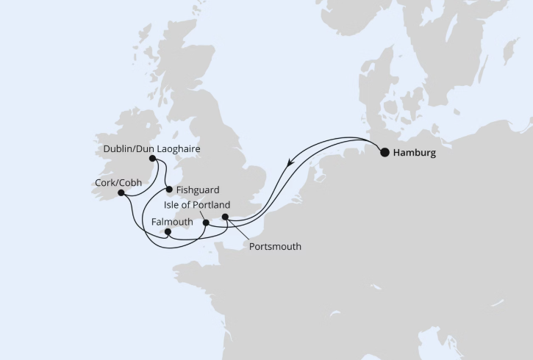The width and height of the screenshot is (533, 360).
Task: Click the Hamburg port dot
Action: point(384,153)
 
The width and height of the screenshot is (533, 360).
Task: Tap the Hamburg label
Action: point(415,154)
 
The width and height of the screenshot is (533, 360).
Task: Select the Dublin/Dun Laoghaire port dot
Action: point(152,158)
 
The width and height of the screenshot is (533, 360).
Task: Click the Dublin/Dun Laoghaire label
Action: point(151,149)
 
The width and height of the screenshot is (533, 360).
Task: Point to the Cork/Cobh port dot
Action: point(121,192)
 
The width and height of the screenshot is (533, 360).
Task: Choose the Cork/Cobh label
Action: point(118,183)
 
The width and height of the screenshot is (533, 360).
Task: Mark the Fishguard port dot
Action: point(169,189)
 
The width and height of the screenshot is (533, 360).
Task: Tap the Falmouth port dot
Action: point(168,231)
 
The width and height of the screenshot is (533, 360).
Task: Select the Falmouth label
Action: point(171,222)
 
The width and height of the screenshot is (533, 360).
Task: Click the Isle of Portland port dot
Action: point(206,223)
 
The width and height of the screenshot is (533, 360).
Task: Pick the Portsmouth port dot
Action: point(226,217)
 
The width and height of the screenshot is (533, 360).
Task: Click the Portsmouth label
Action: point(275,247)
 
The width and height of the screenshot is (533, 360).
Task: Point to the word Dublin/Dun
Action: point(126,149)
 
